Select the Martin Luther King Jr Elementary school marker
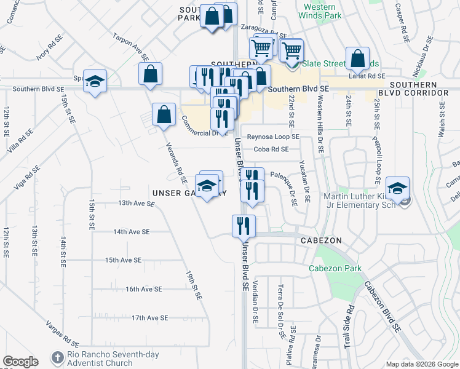(x=397, y=188)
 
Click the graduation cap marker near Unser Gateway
(x=208, y=185)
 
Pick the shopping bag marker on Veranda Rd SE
(x=164, y=114)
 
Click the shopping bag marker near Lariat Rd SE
(x=358, y=59)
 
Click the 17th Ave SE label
(x=149, y=317)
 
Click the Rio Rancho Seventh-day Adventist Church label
(x=100, y=359)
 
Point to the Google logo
(x=20, y=362)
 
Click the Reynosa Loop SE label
(x=273, y=137)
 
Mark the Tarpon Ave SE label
(x=131, y=46)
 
